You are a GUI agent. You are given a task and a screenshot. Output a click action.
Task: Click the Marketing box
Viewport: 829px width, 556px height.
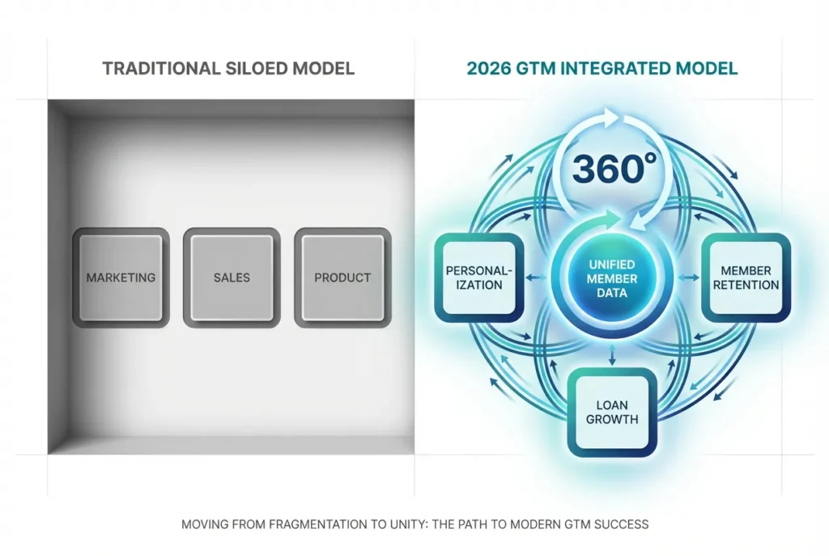tap(121, 278)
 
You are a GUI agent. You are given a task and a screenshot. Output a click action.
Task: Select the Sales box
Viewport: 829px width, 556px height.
tap(232, 278)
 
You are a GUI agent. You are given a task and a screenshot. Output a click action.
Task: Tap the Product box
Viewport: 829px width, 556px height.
tap(342, 278)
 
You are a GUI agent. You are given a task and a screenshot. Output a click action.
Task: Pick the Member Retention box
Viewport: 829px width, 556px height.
tap(746, 278)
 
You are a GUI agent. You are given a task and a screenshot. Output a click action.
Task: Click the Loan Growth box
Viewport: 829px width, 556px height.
tap(613, 412)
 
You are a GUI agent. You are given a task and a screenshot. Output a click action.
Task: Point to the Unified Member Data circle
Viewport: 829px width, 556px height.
tap(612, 278)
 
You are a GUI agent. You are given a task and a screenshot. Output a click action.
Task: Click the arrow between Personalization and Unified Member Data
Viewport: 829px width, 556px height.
tap(535, 278)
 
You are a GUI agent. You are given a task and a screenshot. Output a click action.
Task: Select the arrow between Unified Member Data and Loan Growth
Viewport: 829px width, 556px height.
tap(613, 353)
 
